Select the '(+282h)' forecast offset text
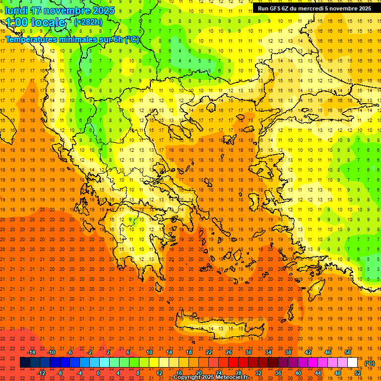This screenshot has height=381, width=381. click(88, 22)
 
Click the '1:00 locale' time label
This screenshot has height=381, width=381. click(36, 22)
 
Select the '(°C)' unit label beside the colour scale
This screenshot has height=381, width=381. click(370, 363)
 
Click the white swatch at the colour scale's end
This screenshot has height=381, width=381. click(353, 363)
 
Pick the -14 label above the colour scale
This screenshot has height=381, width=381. click(31, 352)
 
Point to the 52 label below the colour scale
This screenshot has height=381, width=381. click(358, 373)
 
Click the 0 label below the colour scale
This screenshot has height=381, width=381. click(98, 373)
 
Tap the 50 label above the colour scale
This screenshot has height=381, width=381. click(348, 352)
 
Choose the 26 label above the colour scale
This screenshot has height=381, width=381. click(229, 352)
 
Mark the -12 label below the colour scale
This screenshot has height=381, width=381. click(41, 373)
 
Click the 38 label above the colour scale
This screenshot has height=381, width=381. click(288, 352)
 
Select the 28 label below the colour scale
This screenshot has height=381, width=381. click(239, 373)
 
